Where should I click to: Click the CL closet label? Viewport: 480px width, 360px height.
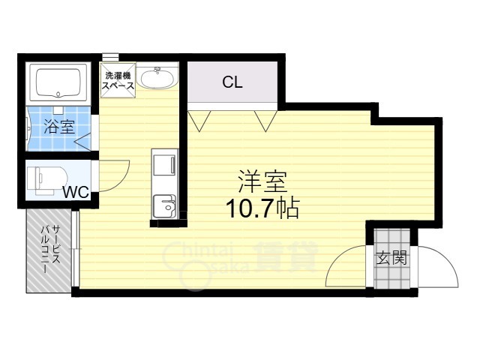click(x=232, y=82)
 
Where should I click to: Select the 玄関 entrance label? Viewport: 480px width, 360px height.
click(x=390, y=259)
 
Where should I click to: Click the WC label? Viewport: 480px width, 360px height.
click(x=75, y=192)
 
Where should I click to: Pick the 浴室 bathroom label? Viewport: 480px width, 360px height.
click(x=58, y=127)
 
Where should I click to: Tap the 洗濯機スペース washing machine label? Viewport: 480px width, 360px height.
click(x=118, y=81)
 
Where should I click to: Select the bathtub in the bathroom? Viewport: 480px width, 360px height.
click(x=58, y=82)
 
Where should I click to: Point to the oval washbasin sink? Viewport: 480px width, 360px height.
click(x=157, y=78)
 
